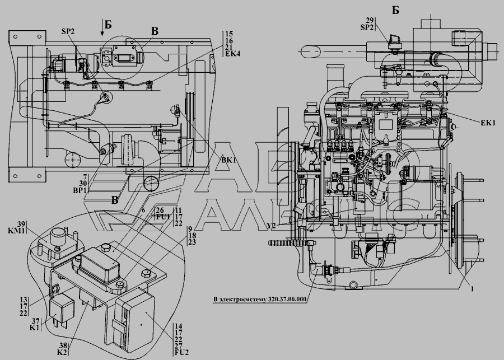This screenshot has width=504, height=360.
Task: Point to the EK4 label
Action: [232, 54]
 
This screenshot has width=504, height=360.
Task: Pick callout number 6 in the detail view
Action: [144, 210]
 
